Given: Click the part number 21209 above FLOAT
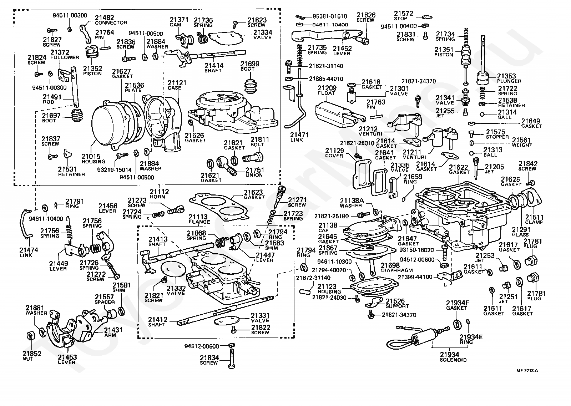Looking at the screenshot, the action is click(x=327, y=88).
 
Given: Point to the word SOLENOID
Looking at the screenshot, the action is click(x=453, y=360).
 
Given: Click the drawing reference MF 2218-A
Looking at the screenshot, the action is click(x=527, y=371).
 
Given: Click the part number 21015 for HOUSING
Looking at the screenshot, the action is click(x=91, y=156).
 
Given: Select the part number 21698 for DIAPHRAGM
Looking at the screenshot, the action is click(x=390, y=265).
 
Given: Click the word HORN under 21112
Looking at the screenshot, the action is click(x=157, y=197).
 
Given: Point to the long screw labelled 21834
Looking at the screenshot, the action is click(x=232, y=358).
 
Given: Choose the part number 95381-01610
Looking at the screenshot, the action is click(x=330, y=16).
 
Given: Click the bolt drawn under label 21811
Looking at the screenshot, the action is click(x=253, y=157).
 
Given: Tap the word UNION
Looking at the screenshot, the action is click(x=254, y=175).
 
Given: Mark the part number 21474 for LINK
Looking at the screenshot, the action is click(x=29, y=250).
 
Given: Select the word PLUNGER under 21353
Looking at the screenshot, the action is click(x=509, y=81).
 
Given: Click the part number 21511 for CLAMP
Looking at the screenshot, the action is click(x=535, y=217).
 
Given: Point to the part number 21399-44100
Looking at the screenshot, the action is click(x=415, y=277).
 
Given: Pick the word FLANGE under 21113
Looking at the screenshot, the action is click(x=199, y=222).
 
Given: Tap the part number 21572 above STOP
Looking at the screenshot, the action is click(x=404, y=14).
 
